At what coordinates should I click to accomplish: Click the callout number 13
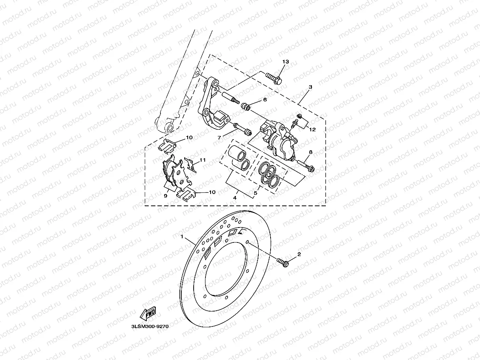pos(286,62)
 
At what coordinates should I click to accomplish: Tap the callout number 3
pos(310,86)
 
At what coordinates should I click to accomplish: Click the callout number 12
pos(312,129)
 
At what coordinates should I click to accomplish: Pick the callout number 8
pos(310,152)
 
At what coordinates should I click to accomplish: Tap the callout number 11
pos(203,160)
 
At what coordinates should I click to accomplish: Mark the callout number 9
pos(166,195)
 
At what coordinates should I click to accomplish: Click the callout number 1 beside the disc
pos(182,237)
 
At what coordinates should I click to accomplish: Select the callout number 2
pos(299,254)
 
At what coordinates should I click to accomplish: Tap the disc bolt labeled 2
pos(283,262)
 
